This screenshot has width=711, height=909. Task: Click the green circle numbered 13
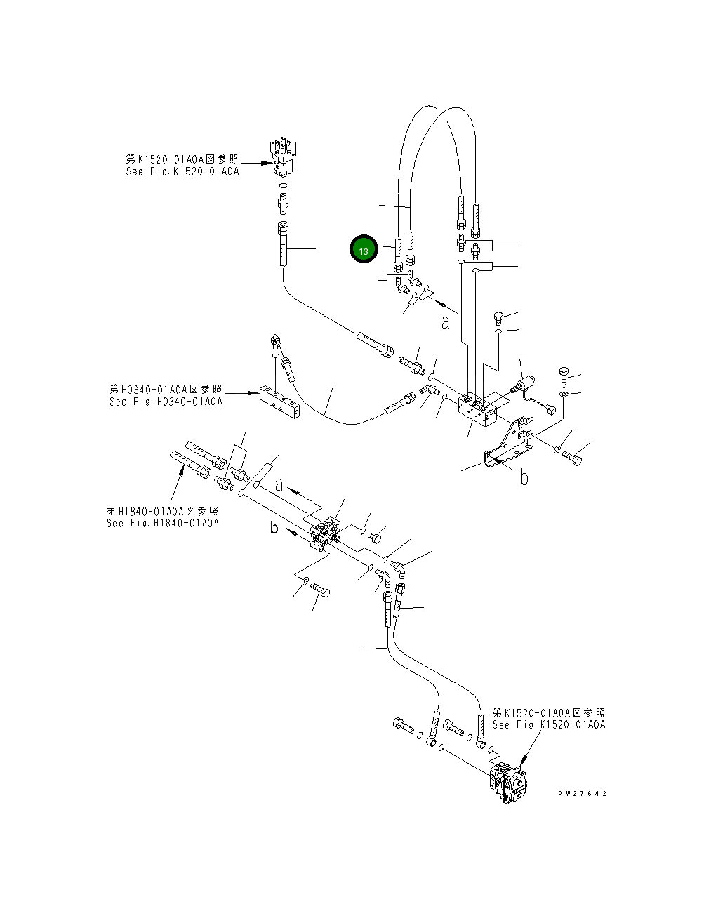click(364, 250)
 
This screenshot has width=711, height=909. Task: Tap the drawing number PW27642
click(582, 794)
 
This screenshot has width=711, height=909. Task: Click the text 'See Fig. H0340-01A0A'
click(166, 402)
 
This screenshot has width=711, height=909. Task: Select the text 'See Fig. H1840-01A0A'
click(163, 523)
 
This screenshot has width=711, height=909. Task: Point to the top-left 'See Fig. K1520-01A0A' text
click(182, 171)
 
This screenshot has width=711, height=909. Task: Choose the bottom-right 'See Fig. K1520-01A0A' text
click(548, 724)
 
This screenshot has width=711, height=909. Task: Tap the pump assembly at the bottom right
click(510, 783)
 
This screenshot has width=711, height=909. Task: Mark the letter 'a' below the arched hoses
click(445, 322)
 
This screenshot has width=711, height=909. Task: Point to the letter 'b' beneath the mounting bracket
click(524, 478)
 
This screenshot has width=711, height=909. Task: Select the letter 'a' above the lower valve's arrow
click(279, 484)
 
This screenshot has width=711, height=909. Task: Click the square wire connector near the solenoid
click(547, 410)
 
